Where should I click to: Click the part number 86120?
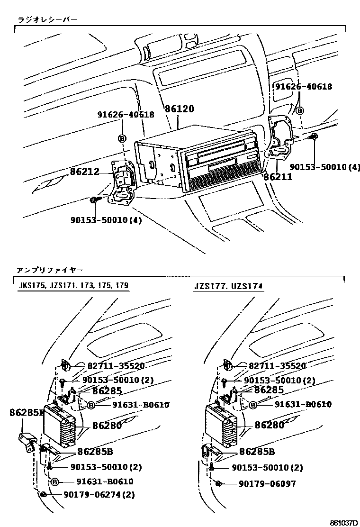point(180,109)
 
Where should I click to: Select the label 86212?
point(85,171)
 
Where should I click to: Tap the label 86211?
point(278,177)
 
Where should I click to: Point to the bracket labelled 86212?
point(122,182)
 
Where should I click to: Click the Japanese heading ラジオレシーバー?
point(47,19)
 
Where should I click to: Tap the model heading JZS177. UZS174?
point(228,286)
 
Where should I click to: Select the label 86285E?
point(26,413)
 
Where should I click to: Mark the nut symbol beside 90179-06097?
point(219,483)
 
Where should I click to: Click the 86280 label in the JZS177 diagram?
point(269,425)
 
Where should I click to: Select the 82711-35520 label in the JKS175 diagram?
point(116,366)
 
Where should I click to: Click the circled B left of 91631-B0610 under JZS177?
point(253,404)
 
